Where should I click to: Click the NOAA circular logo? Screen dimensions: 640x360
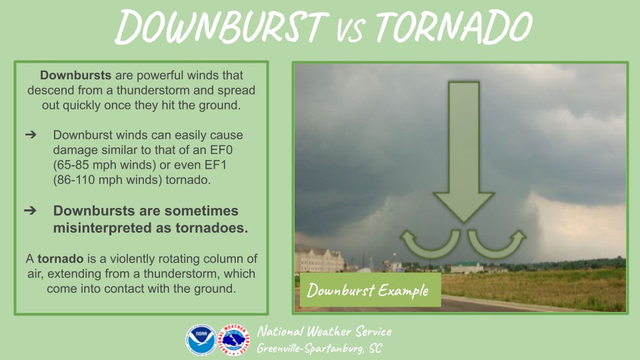pyautogui.click(x=201, y=339)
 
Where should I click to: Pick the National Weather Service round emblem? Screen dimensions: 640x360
pyautogui.click(x=234, y=339)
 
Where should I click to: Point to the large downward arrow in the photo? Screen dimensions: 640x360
pyautogui.click(x=464, y=152)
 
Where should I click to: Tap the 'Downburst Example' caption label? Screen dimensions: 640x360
pyautogui.click(x=370, y=290)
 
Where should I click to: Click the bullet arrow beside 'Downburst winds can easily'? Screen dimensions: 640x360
pyautogui.click(x=31, y=135)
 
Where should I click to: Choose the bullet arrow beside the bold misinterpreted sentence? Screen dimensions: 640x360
pyautogui.click(x=30, y=211)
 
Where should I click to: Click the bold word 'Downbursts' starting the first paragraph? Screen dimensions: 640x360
pyautogui.click(x=75, y=75)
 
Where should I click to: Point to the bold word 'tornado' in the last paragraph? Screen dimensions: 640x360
pyautogui.click(x=61, y=259)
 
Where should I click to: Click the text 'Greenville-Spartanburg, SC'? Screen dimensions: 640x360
pyautogui.click(x=319, y=348)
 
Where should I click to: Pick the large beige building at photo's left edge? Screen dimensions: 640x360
pyautogui.click(x=319, y=259)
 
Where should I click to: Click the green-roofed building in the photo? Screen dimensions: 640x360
pyautogui.click(x=467, y=267)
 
